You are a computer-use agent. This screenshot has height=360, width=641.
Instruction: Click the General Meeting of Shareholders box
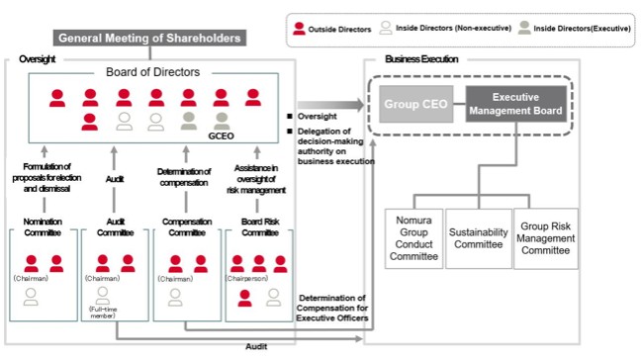[x=149, y=38]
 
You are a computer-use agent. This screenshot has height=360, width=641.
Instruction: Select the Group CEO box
[x=415, y=104]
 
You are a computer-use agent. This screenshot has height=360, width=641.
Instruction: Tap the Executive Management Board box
[x=516, y=104]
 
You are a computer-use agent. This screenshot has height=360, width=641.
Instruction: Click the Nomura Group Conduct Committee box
[x=413, y=238]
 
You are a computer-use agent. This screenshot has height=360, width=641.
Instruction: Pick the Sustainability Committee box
[x=479, y=238]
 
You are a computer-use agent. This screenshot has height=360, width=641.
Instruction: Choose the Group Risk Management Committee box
[x=546, y=238]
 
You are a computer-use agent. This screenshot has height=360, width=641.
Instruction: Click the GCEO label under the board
[x=222, y=136]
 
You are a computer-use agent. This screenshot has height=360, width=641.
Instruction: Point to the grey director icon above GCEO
[x=222, y=122]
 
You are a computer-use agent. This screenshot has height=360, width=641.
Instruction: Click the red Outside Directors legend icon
[x=299, y=29]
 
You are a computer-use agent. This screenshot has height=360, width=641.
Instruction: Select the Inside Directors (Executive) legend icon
[x=524, y=28]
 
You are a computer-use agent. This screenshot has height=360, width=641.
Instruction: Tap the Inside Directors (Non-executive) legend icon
[x=386, y=28]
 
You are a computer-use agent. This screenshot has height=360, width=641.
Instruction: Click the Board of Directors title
[x=153, y=72]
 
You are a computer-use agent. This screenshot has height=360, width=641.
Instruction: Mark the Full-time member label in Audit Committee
[x=103, y=313]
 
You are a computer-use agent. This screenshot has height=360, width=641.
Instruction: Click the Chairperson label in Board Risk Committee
[x=247, y=278]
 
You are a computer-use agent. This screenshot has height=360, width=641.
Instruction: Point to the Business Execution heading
[x=421, y=59]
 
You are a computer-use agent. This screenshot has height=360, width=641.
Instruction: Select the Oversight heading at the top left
[x=38, y=59]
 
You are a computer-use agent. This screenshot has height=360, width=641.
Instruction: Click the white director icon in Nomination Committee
[x=31, y=297]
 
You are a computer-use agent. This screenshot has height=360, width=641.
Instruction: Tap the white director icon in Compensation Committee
[x=175, y=298]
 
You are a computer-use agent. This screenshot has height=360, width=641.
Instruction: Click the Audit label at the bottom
[x=256, y=346]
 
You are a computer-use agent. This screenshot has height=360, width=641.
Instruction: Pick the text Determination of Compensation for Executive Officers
[x=332, y=309]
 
